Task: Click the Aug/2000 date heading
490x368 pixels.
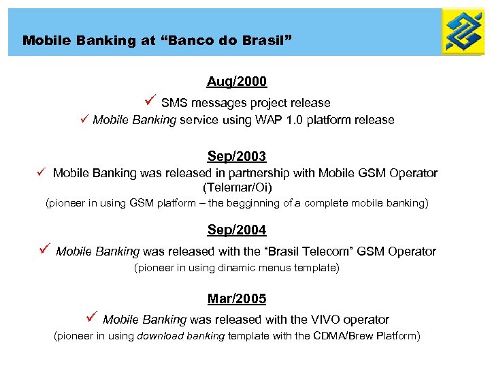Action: tap(237, 82)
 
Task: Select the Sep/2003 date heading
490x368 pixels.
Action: tap(237, 156)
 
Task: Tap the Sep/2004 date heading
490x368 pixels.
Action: tap(237, 230)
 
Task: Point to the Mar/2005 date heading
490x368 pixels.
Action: tap(237, 298)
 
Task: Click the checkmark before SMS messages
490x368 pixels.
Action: tap(152, 102)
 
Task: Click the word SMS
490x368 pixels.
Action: tap(174, 103)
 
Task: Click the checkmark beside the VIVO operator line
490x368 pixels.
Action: tap(93, 318)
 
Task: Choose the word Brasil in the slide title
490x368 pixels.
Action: tap(266, 40)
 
